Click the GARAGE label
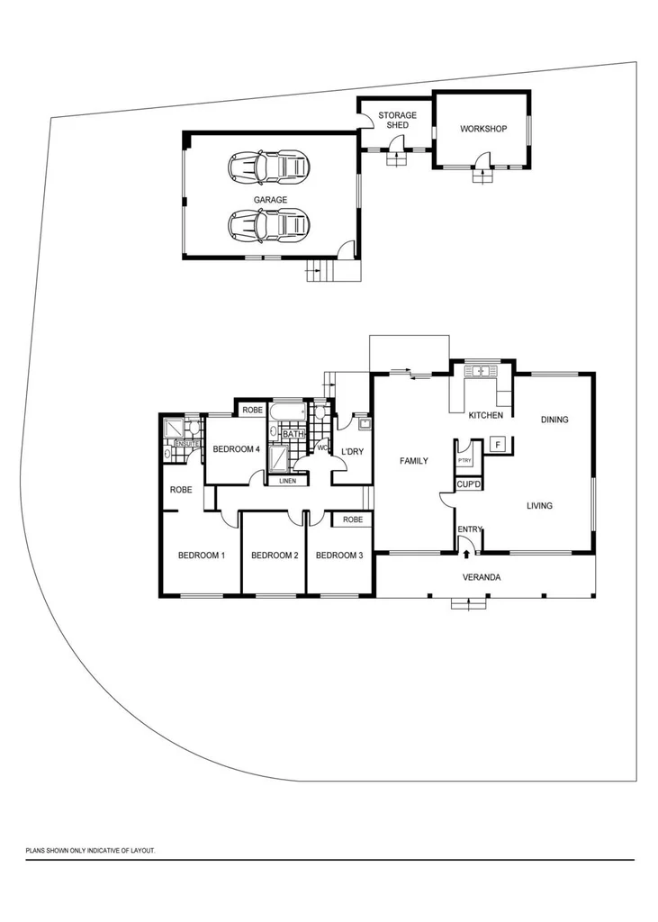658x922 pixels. click(270, 200)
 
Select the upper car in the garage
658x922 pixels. click(267, 166)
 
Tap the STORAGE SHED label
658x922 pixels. click(397, 121)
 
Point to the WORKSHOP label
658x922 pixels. click(483, 129)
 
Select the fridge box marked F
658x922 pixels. click(496, 444)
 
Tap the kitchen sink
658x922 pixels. click(481, 370)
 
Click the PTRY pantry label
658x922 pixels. click(464, 460)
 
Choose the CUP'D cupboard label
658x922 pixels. click(468, 484)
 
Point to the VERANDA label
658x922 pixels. click(482, 577)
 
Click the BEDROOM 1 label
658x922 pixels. click(201, 556)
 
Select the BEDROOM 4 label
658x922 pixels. click(236, 449)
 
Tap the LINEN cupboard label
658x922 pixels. click(287, 481)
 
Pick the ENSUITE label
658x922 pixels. click(186, 444)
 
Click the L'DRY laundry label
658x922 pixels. click(352, 451)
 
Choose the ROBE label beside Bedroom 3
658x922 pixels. click(352, 520)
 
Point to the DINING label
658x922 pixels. click(554, 420)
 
